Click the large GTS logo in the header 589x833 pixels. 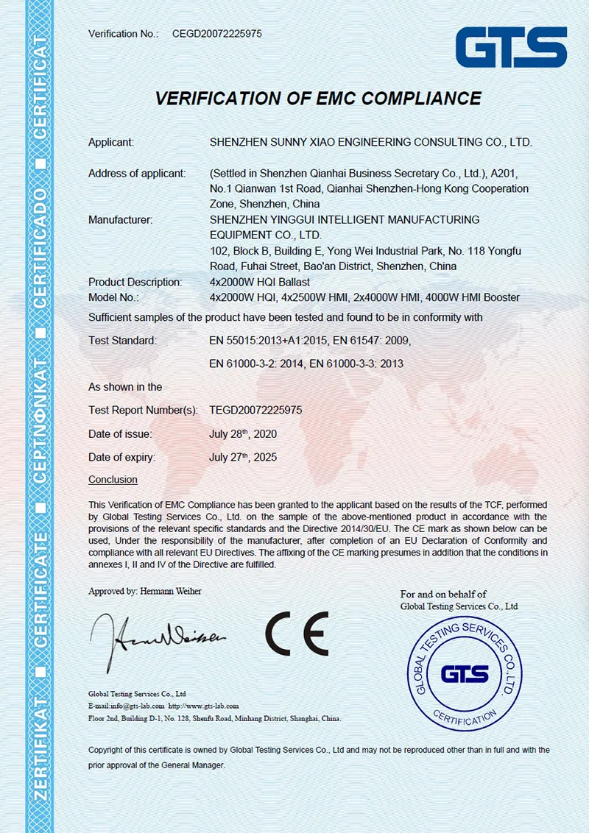pos(510,48)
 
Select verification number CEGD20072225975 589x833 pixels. pos(217,34)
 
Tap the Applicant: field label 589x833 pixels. pos(111,142)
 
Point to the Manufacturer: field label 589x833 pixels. pos(121,219)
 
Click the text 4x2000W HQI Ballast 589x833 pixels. pos(260,282)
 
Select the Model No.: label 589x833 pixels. pos(113,297)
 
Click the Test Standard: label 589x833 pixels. pos(122,340)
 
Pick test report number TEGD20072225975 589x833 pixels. pos(255,410)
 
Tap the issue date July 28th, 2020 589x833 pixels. pos(243,433)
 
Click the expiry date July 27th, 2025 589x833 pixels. pos(243,457)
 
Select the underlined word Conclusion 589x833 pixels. pos(113,480)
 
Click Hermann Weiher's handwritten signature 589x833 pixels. pos(158,638)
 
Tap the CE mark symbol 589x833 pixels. pos(297,634)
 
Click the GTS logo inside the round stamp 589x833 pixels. pos(465,673)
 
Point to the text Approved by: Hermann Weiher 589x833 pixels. pos(144,591)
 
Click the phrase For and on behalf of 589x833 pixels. pos(442,594)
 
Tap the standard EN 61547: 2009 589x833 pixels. pos(371,340)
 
